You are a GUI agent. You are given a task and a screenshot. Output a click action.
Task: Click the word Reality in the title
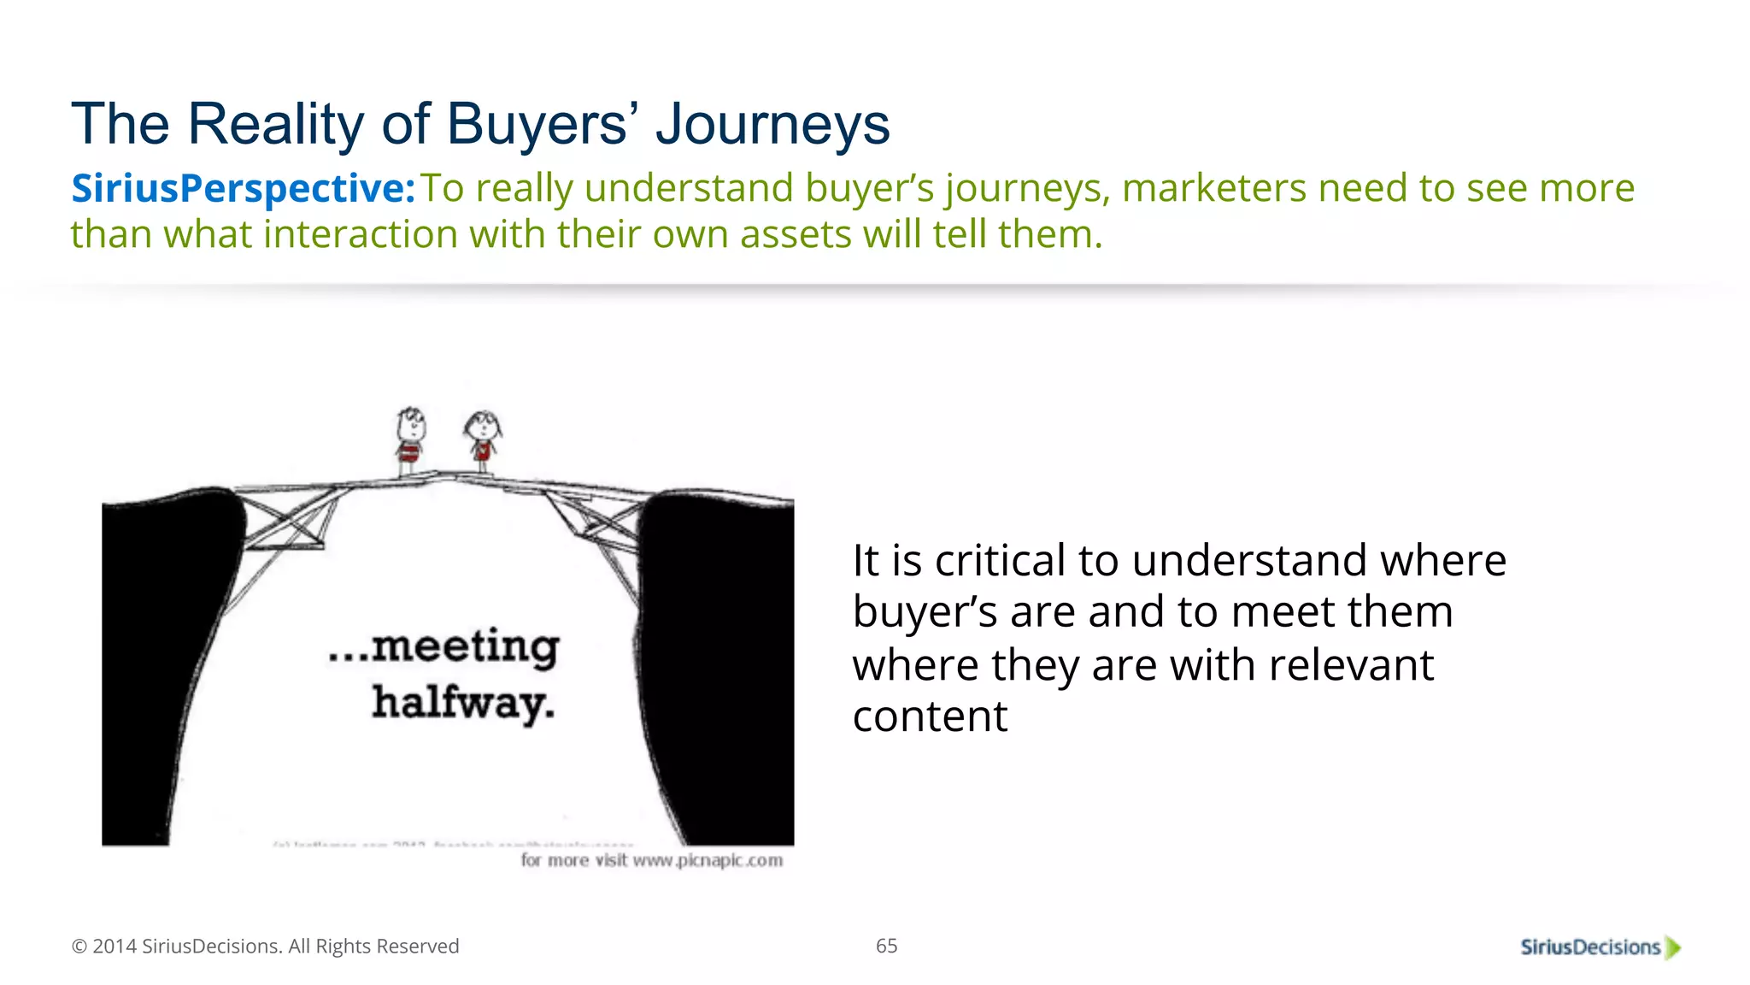[276, 124]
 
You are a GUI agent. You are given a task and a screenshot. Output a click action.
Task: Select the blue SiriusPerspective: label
[243, 188]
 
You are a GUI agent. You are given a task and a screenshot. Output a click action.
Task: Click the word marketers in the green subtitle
[1213, 188]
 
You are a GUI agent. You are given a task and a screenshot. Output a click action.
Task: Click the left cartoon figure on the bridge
[410, 440]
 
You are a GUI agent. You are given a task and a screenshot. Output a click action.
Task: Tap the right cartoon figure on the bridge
[483, 440]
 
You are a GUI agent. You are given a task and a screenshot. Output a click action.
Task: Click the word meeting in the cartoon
[466, 648]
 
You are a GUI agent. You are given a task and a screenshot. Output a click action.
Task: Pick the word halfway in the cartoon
[462, 704]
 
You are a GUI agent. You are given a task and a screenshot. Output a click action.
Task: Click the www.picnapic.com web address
[708, 860]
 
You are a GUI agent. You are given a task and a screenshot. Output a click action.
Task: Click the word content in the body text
[930, 717]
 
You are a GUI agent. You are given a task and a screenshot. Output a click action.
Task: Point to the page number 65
[886, 946]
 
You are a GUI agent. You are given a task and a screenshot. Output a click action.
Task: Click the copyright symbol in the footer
[79, 947]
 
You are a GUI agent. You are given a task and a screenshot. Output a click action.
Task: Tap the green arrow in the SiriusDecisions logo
[1673, 947]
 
